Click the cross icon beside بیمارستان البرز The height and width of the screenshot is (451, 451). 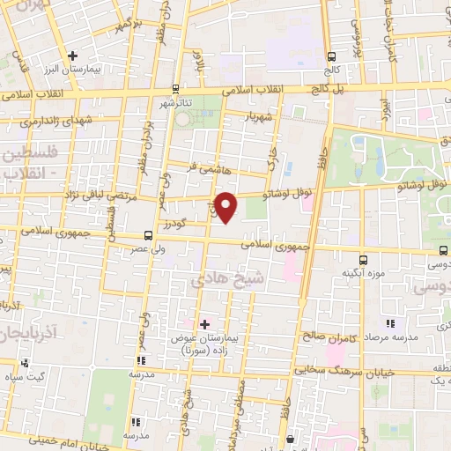point(73,55)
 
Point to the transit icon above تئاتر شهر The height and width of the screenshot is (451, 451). point(176,88)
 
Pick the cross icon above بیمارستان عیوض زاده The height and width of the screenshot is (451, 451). point(205,324)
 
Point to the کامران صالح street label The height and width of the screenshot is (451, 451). point(326,336)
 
